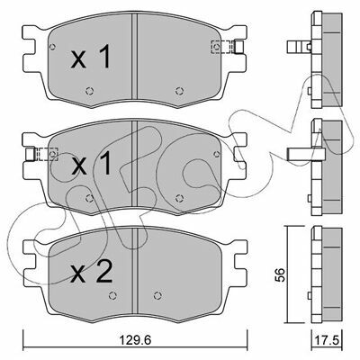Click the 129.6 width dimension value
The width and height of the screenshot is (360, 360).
point(135,340)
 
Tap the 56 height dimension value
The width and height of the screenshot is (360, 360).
point(279,274)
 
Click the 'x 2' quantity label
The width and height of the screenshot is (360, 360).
point(91,272)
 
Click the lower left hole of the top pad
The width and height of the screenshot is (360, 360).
point(89,91)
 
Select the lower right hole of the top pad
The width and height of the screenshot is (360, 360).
point(179,91)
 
